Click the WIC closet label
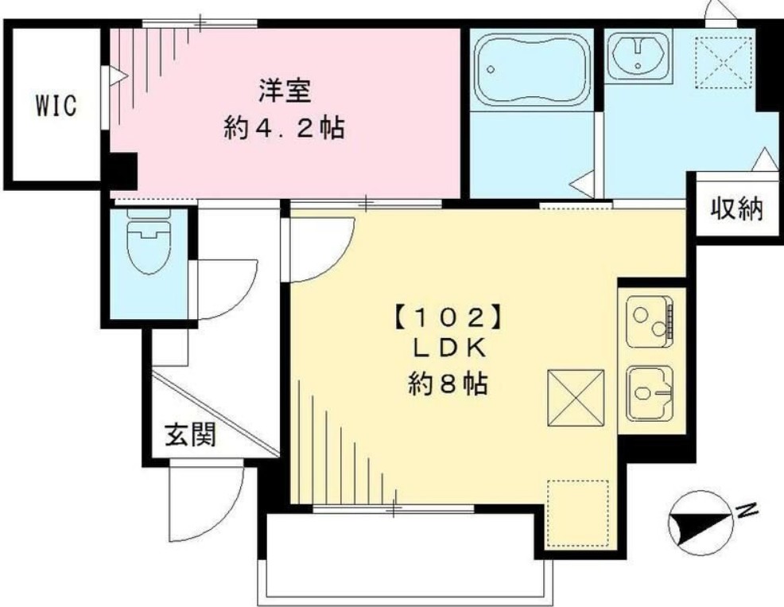click(x=55, y=106)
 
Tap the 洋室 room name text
click(x=284, y=89)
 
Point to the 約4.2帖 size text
click(x=284, y=128)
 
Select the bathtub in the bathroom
click(x=531, y=69)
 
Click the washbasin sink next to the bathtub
click(x=638, y=54)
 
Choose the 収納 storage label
click(x=736, y=210)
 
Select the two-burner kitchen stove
click(x=650, y=321)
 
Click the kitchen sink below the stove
click(x=650, y=393)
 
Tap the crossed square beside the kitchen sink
click(x=576, y=397)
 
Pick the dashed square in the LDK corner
click(x=577, y=513)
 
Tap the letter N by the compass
click(x=747, y=511)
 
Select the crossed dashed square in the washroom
click(x=720, y=62)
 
